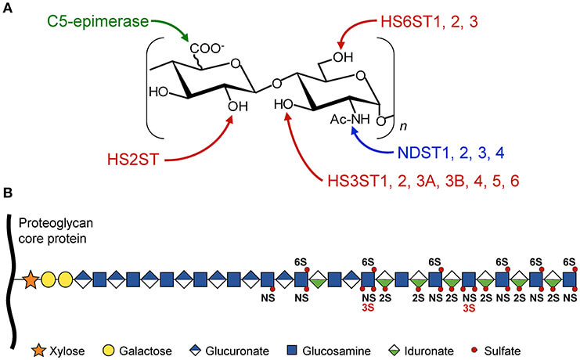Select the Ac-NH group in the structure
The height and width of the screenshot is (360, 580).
click(342, 119)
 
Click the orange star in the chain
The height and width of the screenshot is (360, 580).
click(32, 278)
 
